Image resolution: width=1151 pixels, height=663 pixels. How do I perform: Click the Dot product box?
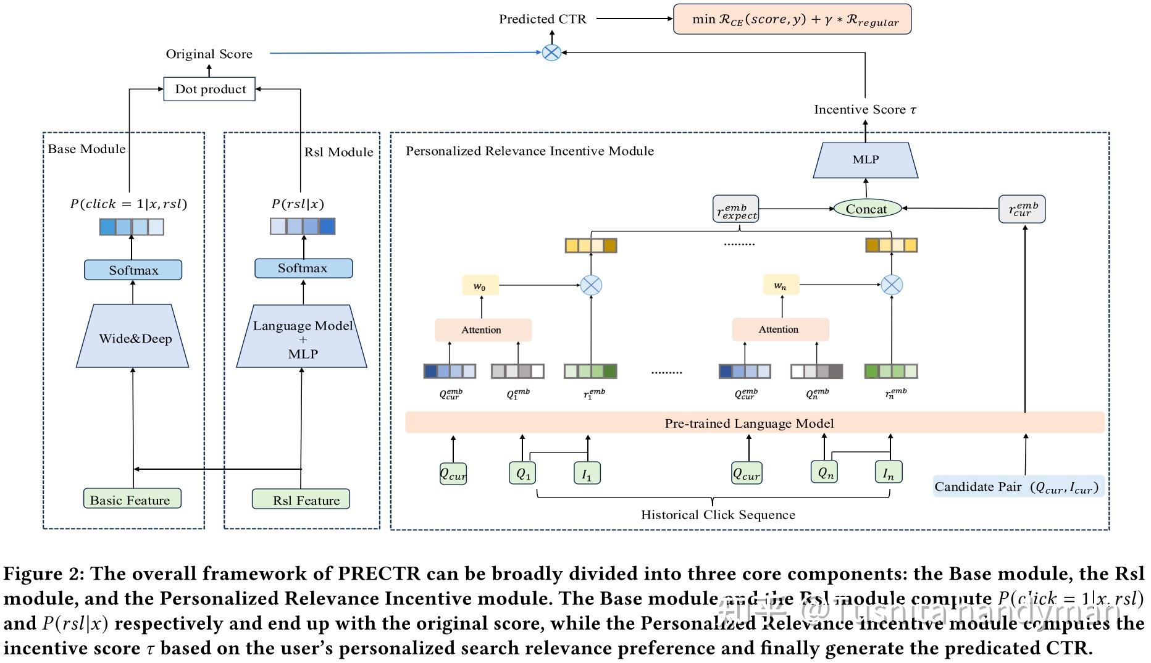[x=209, y=89]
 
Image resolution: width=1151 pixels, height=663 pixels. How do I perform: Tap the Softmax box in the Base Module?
[x=133, y=270]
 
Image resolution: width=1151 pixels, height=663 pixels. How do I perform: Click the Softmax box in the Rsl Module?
[x=303, y=268]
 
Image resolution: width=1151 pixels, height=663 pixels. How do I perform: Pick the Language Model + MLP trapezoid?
[x=303, y=338]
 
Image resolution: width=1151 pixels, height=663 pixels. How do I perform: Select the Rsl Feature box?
[x=301, y=499]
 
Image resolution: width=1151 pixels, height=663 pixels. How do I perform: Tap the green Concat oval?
[x=866, y=209]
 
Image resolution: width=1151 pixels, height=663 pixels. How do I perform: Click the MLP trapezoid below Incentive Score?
[x=865, y=160]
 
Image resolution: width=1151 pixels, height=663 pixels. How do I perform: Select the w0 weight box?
[x=480, y=286]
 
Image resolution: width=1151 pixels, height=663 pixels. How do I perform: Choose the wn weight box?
[x=781, y=286]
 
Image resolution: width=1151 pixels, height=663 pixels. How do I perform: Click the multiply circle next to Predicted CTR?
[x=551, y=52]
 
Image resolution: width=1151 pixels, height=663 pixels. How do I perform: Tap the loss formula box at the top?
[x=792, y=19]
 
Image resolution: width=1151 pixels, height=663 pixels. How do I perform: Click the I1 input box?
[x=587, y=473]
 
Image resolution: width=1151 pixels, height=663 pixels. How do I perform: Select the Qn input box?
[x=825, y=472]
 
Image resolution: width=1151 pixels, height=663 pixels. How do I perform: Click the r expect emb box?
[x=735, y=209]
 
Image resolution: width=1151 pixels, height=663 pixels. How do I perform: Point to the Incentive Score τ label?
[x=864, y=109]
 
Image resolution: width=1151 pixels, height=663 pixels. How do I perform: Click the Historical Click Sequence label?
[x=718, y=514]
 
